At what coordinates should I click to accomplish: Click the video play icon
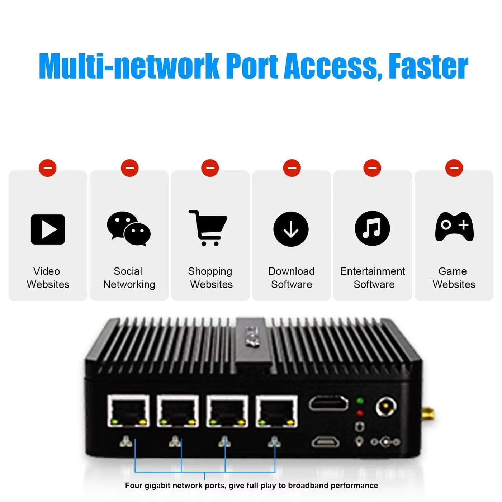pyautogui.click(x=48, y=229)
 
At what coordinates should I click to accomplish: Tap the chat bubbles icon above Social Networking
pyautogui.click(x=129, y=229)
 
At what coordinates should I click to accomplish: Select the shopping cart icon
pyautogui.click(x=208, y=228)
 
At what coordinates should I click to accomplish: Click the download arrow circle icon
pyautogui.click(x=291, y=229)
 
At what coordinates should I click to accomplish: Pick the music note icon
pyautogui.click(x=372, y=228)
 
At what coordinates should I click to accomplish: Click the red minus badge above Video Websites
pyautogui.click(x=48, y=168)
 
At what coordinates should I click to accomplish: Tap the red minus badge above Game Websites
pyautogui.click(x=454, y=168)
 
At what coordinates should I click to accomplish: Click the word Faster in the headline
pyautogui.click(x=428, y=66)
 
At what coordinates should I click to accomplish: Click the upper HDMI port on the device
pyautogui.click(x=328, y=403)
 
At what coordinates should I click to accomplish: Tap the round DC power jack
pyautogui.click(x=386, y=407)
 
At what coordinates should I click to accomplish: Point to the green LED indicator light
pyautogui.click(x=360, y=401)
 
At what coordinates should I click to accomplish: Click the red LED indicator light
pyautogui.click(x=360, y=413)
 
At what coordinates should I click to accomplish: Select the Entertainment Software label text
pyautogui.click(x=373, y=278)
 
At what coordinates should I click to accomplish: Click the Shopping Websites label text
pyautogui.click(x=210, y=278)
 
